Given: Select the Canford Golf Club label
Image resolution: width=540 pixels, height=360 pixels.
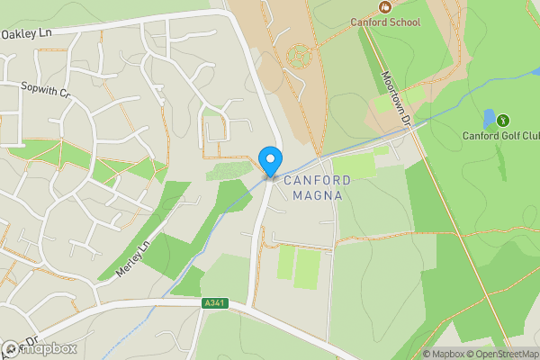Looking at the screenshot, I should pyautogui.click(x=501, y=136).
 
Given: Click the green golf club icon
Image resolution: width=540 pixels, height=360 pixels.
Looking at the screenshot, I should pyautogui.click(x=502, y=120).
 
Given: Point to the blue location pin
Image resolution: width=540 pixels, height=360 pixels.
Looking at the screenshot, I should pyautogui.click(x=270, y=161).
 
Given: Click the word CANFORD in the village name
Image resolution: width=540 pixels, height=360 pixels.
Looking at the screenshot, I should pyautogui.click(x=314, y=181).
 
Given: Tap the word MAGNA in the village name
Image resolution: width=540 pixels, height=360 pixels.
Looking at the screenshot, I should pyautogui.click(x=313, y=196).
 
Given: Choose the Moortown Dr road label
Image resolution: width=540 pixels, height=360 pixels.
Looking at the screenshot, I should pyautogui.click(x=395, y=98).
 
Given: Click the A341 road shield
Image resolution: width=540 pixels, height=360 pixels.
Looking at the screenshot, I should pyautogui.click(x=213, y=303).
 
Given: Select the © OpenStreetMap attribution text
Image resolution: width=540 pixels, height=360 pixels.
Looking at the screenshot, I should pyautogui.click(x=506, y=354).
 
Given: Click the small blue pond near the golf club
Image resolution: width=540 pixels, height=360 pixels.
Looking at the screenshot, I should pyautogui.click(x=488, y=118).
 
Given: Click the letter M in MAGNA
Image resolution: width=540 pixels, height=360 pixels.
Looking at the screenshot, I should pyautogui.click(x=291, y=196).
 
